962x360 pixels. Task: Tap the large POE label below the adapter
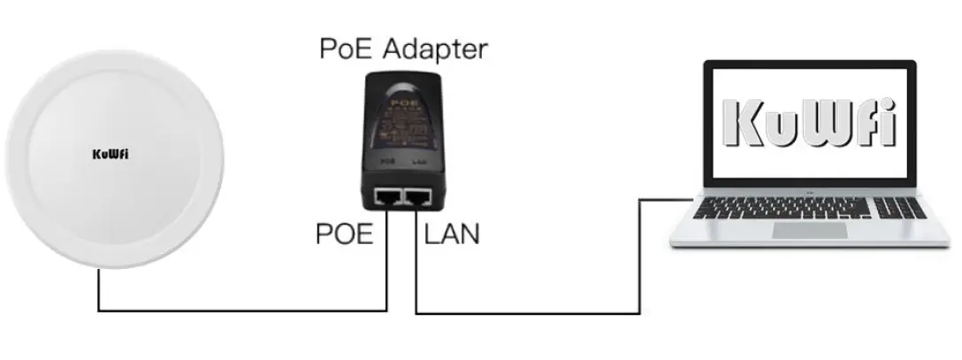click(345, 234)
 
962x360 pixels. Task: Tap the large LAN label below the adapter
click(451, 234)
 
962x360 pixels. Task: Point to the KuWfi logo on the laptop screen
click(809, 124)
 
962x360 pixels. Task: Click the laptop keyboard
click(808, 208)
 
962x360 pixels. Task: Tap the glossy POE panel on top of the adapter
click(402, 115)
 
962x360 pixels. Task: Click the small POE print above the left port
click(386, 164)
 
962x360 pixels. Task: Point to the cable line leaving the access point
click(98, 287)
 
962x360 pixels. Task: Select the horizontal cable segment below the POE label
click(248, 310)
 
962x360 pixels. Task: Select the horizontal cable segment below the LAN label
click(531, 313)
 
